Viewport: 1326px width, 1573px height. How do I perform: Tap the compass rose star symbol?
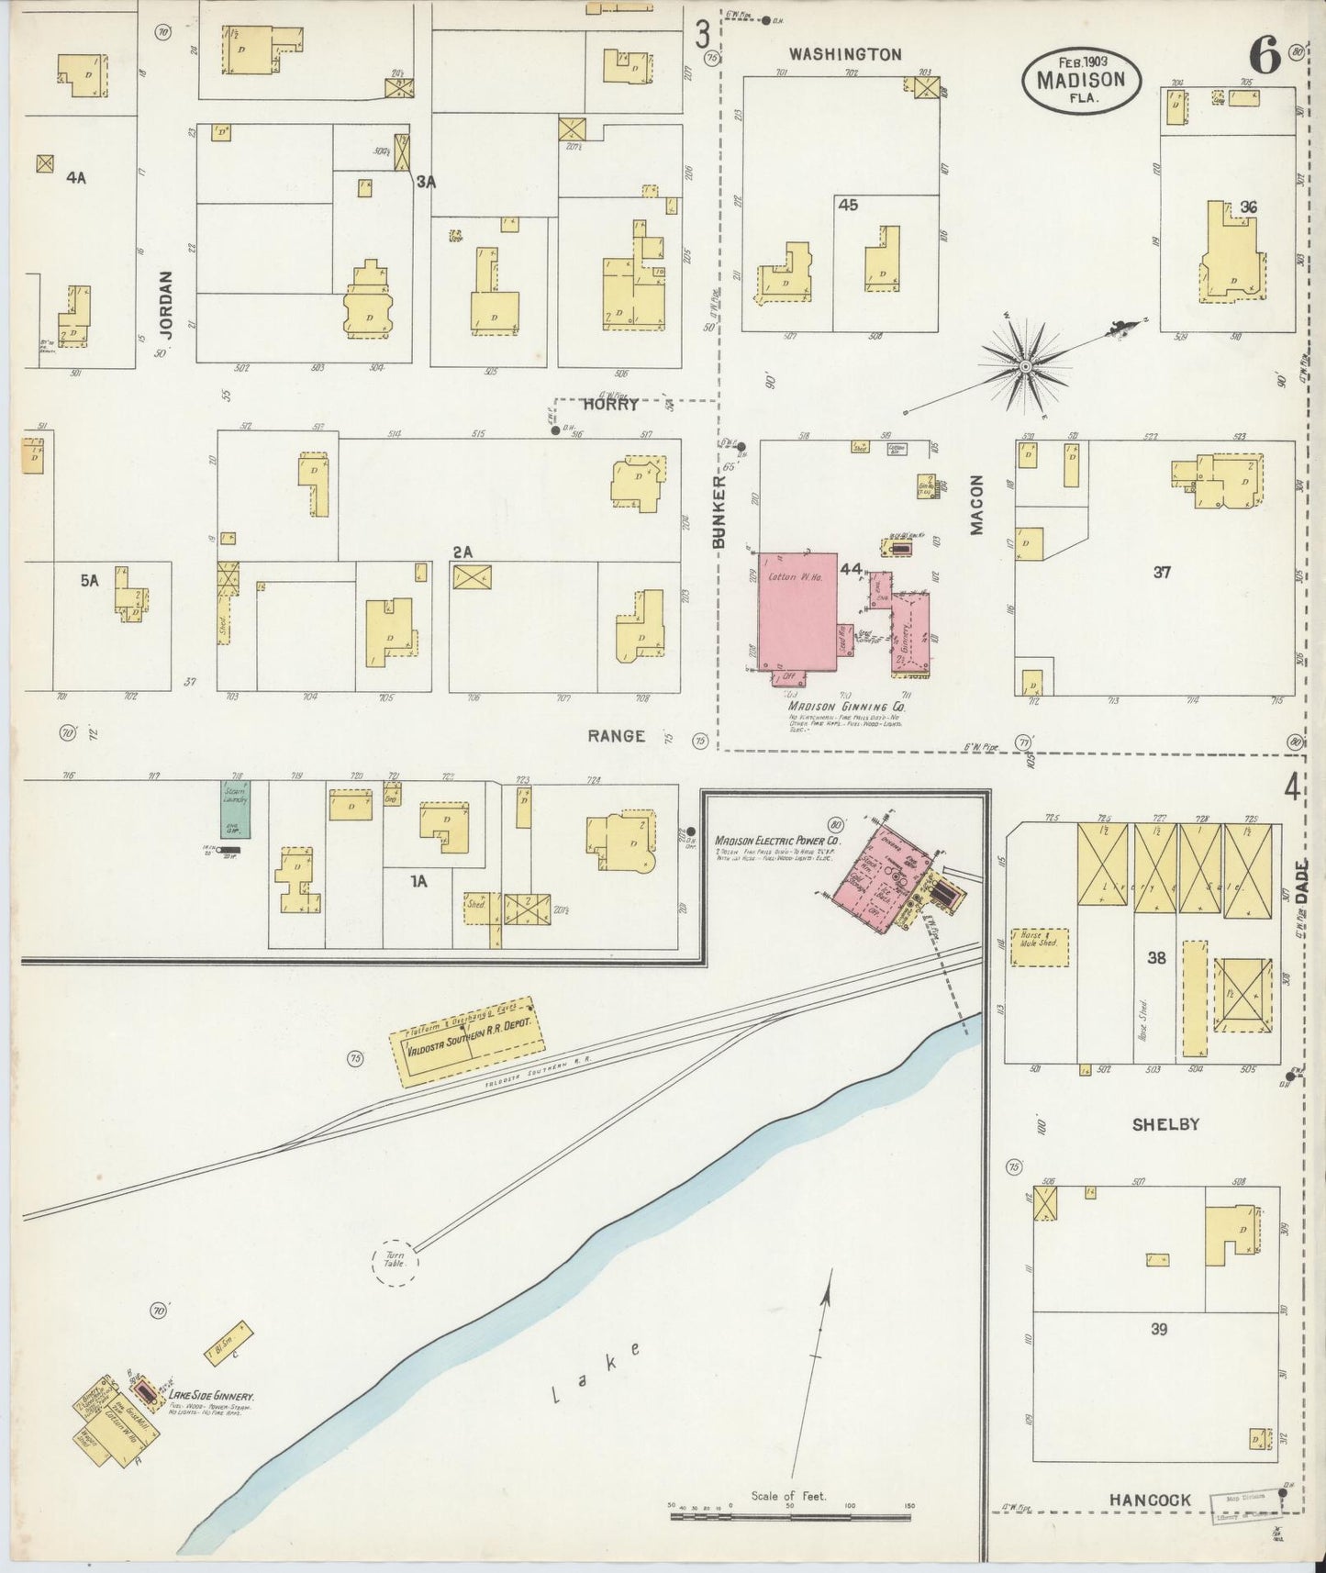click(x=1025, y=367)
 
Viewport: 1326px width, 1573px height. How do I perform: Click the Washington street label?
click(x=845, y=54)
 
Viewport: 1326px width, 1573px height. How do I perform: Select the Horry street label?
click(x=610, y=404)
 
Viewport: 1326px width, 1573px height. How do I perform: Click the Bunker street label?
click(x=719, y=512)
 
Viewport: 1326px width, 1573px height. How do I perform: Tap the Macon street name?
click(x=976, y=505)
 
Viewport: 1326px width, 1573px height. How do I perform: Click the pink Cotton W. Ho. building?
click(x=797, y=610)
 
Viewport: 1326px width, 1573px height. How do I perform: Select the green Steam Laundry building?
click(x=234, y=809)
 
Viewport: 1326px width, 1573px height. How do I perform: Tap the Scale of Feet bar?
click(x=791, y=1517)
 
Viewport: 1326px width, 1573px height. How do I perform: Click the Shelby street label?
click(x=1165, y=1124)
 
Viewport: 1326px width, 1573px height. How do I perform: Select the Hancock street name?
click(x=1150, y=1500)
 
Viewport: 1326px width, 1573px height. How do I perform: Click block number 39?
click(x=1159, y=1329)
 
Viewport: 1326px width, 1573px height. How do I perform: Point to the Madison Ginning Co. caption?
click(x=846, y=708)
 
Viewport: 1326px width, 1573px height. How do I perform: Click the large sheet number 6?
click(x=1264, y=58)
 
